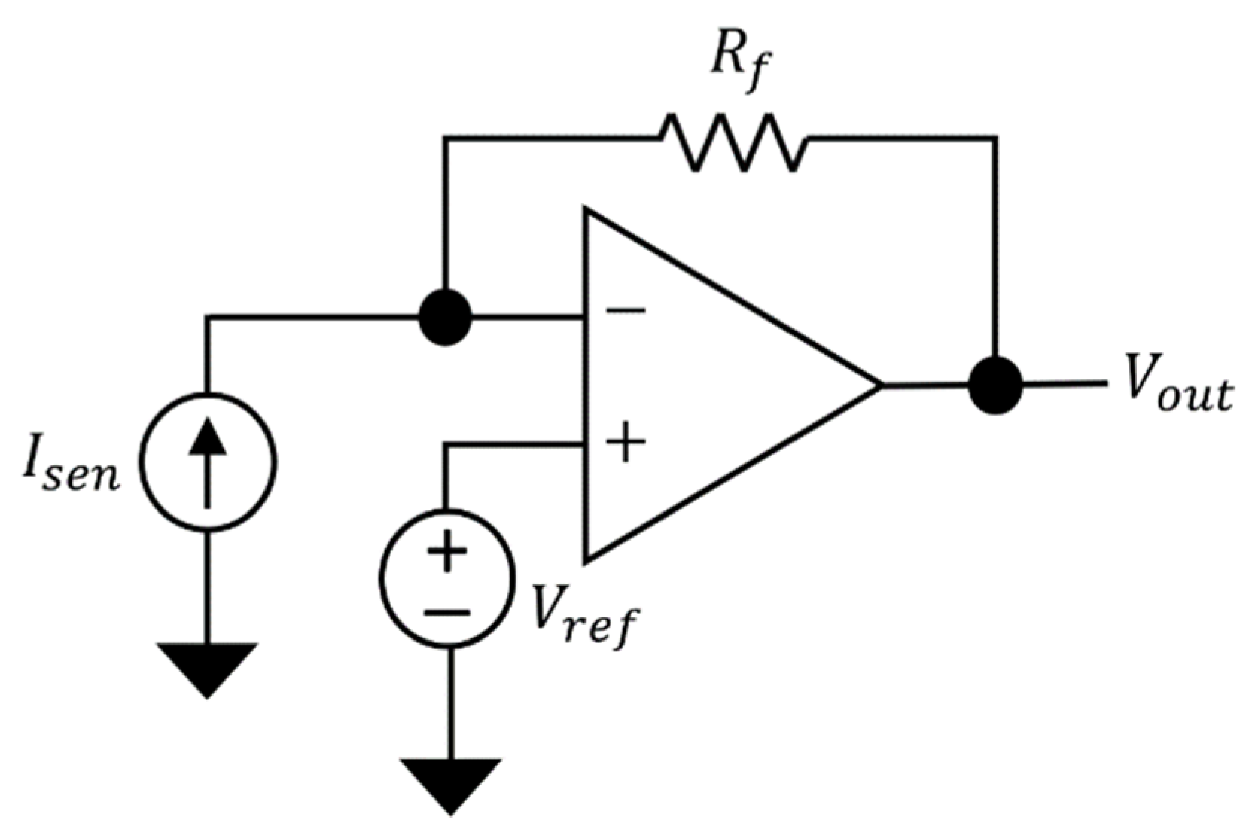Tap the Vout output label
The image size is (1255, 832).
1178,390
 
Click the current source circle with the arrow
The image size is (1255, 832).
209,462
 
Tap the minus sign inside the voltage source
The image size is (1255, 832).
447,611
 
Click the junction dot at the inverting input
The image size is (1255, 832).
445,318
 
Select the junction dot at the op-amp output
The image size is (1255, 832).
995,386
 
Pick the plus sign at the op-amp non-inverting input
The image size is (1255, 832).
626,443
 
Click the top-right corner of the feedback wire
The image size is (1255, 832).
995,139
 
